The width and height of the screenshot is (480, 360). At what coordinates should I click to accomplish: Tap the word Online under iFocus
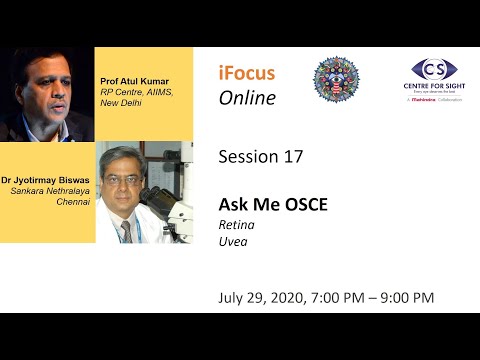point(247,98)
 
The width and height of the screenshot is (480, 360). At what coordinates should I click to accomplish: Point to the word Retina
point(236,225)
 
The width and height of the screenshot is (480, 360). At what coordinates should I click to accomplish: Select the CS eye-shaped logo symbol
point(434,71)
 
